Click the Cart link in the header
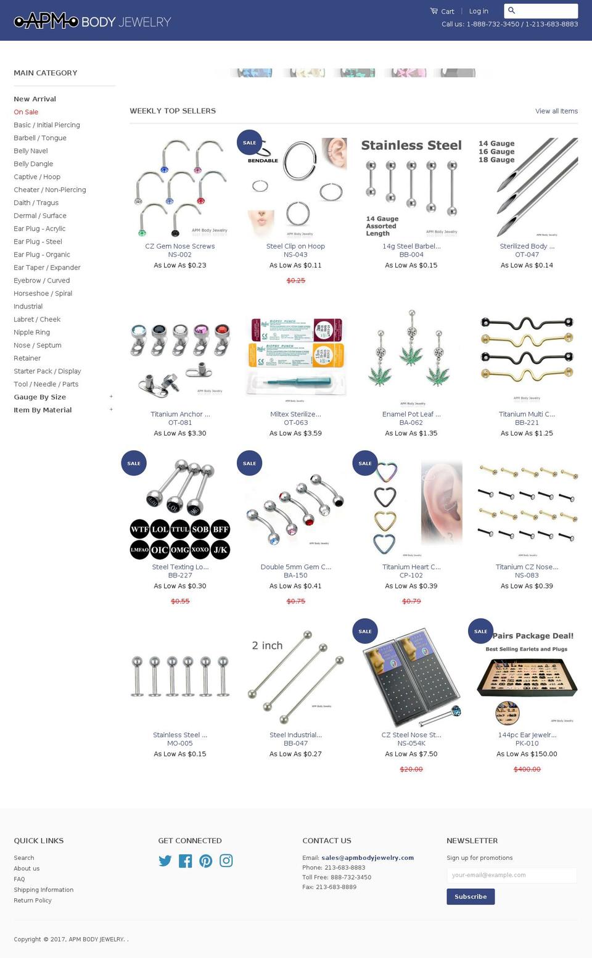tap(442, 11)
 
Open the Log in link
tap(478, 11)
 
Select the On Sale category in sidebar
tap(26, 112)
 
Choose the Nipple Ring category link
tap(31, 332)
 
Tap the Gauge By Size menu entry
tap(39, 397)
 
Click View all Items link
tap(556, 111)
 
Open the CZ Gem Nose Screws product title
tap(179, 246)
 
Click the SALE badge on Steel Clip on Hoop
tap(249, 142)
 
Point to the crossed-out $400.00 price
tap(527, 769)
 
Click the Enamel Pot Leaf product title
tap(411, 414)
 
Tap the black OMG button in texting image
tap(180, 549)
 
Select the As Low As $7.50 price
tap(411, 754)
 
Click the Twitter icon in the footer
tap(165, 861)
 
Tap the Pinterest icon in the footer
tap(205, 861)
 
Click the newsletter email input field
tap(511, 875)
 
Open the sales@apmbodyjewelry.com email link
tap(367, 857)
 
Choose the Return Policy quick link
tap(33, 900)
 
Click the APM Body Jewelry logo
tap(92, 22)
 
